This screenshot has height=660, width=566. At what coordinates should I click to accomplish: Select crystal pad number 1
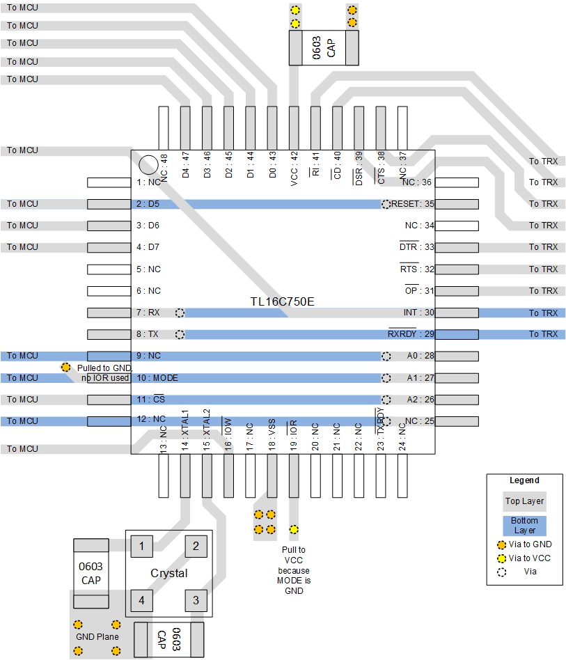[142, 546]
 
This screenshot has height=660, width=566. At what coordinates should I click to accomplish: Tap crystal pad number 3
[196, 600]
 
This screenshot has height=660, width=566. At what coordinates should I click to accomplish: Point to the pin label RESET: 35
[413, 204]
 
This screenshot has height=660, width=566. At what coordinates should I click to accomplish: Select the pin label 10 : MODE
[157, 378]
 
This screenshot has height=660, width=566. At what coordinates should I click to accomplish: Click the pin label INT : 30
[418, 313]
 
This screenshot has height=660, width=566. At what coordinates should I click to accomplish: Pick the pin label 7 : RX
[148, 313]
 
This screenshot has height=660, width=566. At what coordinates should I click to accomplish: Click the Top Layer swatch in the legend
[525, 501]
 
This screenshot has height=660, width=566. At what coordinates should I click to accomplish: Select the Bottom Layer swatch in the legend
[525, 525]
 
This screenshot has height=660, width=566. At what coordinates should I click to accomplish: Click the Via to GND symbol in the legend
[501, 545]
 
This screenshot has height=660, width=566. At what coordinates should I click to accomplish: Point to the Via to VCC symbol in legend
[501, 558]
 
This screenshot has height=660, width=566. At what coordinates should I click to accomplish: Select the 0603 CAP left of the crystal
[91, 573]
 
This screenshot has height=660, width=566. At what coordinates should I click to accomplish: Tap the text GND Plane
[97, 637]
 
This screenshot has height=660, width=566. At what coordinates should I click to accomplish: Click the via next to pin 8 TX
[180, 334]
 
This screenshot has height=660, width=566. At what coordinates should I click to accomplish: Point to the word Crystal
[169, 574]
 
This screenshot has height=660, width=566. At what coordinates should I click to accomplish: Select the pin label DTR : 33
[416, 247]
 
